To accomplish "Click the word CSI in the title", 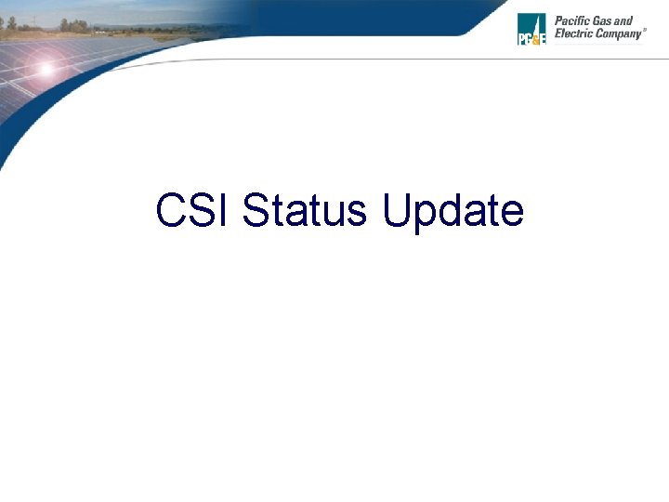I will (x=194, y=211).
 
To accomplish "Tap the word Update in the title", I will (x=453, y=212).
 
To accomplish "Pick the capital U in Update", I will (x=397, y=211).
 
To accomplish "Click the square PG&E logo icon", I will (x=531, y=29).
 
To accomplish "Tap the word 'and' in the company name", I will (x=626, y=20).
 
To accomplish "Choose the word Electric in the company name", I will (x=574, y=33).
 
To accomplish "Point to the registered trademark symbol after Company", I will (x=645, y=30).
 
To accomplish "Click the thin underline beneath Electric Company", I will (x=598, y=43).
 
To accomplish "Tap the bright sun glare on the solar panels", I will (x=44, y=68).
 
